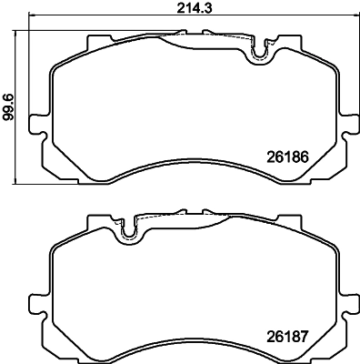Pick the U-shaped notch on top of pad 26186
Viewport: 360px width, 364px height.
260,55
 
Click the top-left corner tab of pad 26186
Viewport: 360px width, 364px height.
94,42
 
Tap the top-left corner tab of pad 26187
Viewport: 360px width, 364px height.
94,222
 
